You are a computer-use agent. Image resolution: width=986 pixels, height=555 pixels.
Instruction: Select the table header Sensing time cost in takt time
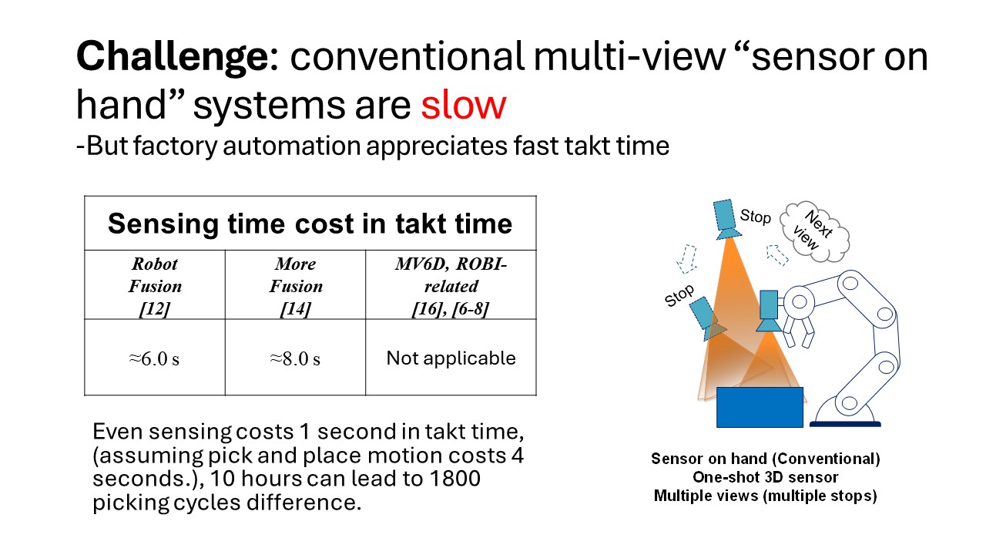pos(310,224)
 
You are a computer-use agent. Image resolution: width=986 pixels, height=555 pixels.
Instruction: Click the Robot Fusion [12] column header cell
pos(155,286)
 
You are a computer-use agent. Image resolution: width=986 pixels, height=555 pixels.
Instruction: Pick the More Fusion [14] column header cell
pos(295,286)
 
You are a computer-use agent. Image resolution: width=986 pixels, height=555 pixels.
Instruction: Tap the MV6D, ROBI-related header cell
pos(451,286)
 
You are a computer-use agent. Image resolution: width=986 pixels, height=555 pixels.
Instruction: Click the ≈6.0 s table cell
pos(155,359)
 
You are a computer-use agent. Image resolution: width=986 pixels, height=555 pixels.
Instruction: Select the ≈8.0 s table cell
pos(295,359)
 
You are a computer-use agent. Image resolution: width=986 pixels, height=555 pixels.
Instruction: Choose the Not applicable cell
pos(451,358)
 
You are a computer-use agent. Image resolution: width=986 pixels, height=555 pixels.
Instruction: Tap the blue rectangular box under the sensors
pos(760,406)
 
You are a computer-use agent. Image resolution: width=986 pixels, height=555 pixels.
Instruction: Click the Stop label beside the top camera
pos(755,217)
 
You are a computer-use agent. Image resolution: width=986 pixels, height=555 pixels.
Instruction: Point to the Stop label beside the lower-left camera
pos(679,295)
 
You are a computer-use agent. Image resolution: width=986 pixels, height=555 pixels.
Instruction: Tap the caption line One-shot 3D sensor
pos(765,477)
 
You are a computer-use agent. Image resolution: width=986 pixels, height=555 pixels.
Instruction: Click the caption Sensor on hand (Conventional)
pos(765,459)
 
